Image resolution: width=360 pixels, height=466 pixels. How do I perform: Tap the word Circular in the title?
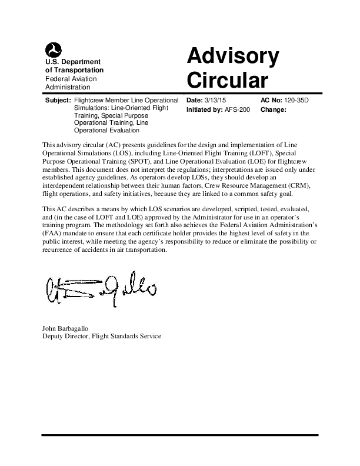pos(226,80)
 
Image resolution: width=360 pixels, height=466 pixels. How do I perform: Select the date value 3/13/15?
pos(217,101)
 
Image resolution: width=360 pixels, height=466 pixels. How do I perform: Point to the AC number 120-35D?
pos(295,101)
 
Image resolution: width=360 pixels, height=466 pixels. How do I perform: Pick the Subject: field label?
pos(58,101)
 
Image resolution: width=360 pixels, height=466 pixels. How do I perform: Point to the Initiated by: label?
pos(204,109)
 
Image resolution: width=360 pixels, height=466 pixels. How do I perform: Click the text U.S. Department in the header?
pos(73,62)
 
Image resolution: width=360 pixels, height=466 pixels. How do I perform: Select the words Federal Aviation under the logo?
pos(71,79)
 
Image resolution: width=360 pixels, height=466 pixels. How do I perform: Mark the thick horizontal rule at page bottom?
pos(179,436)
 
